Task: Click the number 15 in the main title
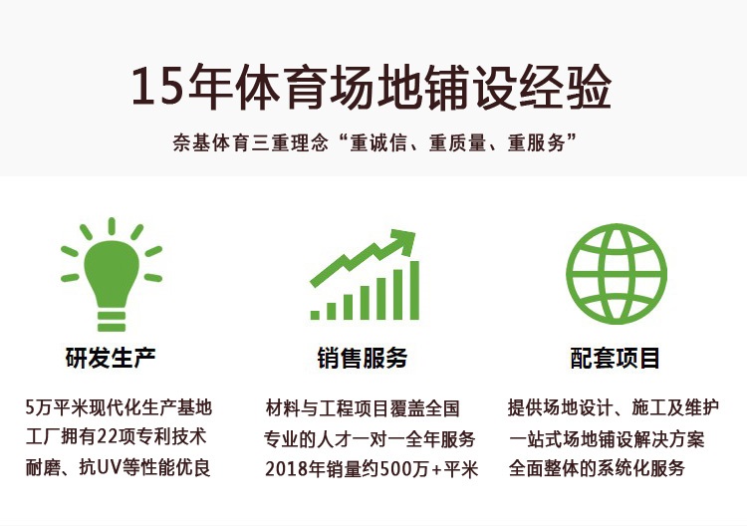coord(157,86)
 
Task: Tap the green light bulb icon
coord(112,274)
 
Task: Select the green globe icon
coord(617,274)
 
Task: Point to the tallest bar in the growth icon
coord(414,290)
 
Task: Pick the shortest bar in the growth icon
coord(315,315)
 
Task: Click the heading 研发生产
coord(111,358)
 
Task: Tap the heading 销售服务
coord(363,358)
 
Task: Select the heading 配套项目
coord(615,358)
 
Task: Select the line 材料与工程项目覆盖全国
coord(363,408)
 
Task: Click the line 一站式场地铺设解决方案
coord(607,438)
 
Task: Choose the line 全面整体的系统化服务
coord(597,468)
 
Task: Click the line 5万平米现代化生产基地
coord(119,407)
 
